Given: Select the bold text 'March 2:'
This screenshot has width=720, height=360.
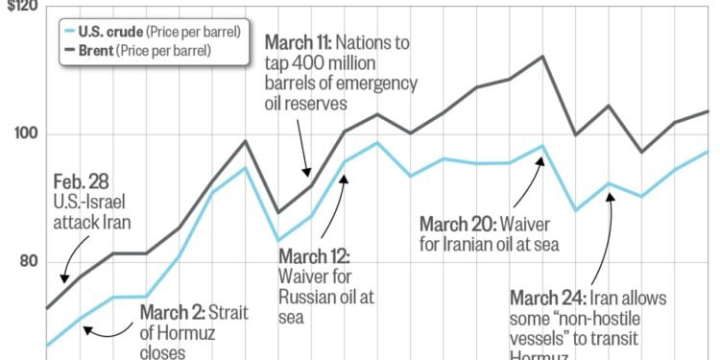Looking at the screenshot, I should [x=175, y=311].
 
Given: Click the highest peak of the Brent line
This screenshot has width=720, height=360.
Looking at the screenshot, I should [x=542, y=57].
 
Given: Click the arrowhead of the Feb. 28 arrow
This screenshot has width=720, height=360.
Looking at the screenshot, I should [x=63, y=279].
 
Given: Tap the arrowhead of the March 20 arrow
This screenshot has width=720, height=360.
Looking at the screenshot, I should [x=540, y=160].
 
